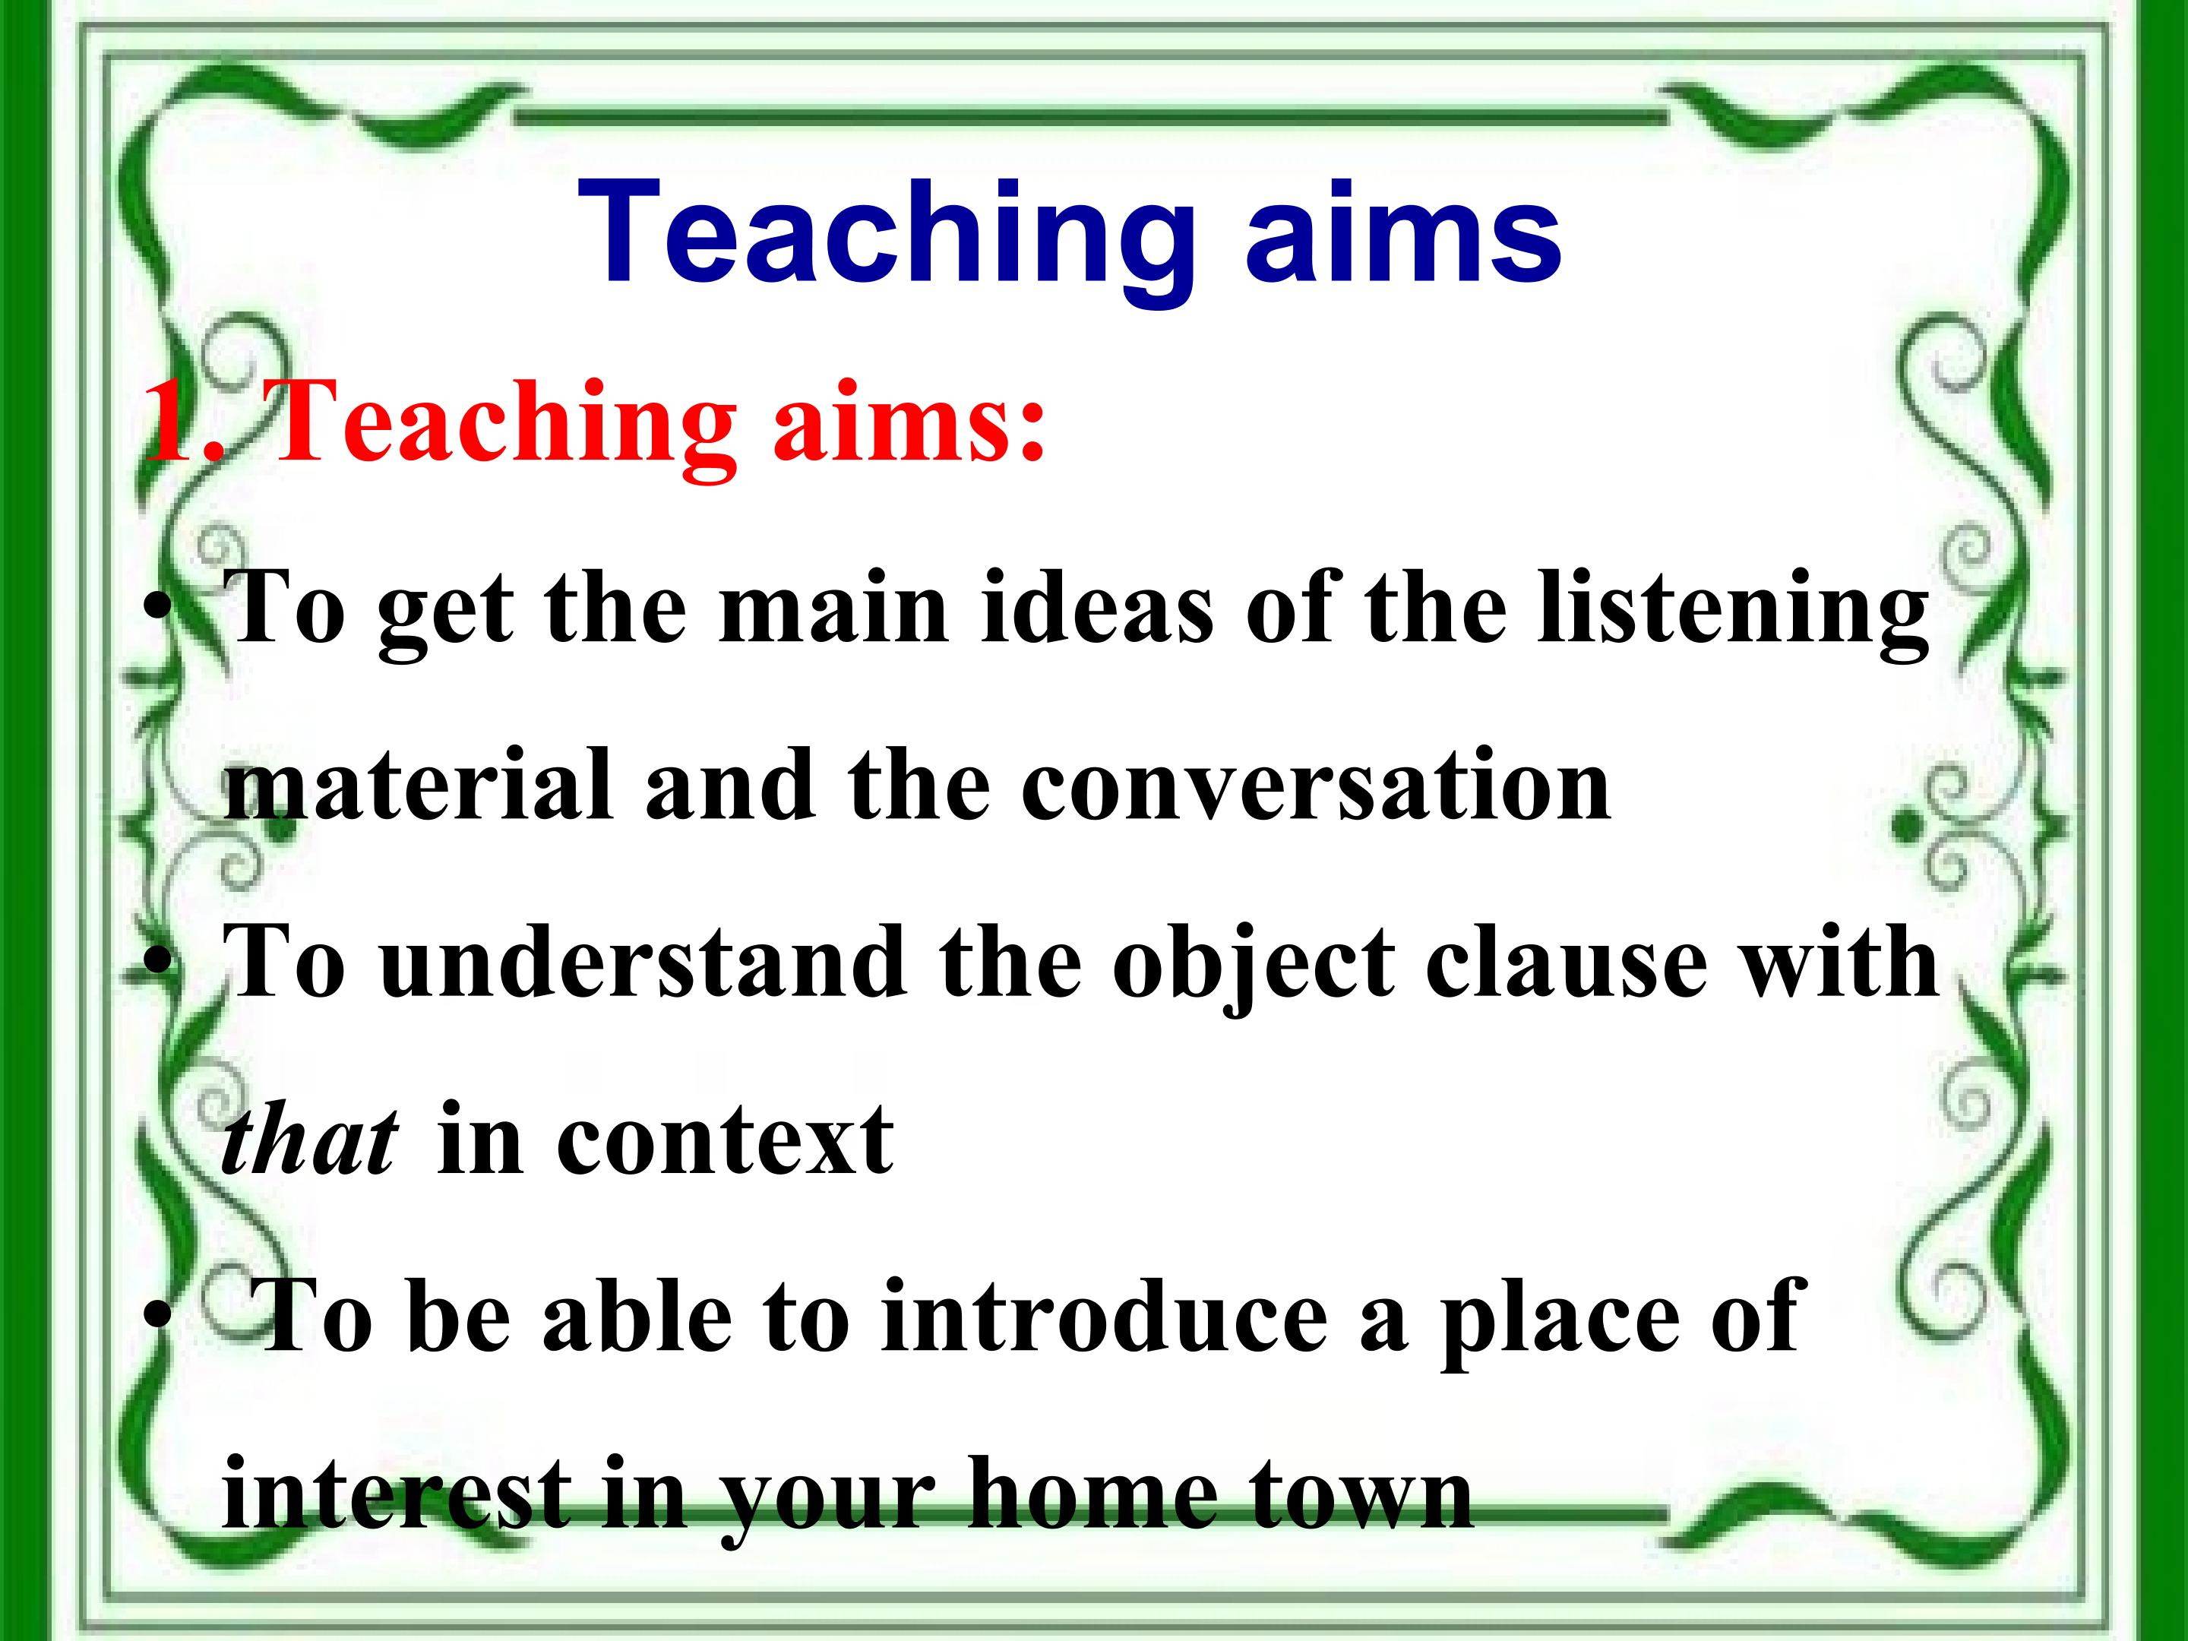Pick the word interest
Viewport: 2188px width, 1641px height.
pyautogui.click(x=397, y=1493)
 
